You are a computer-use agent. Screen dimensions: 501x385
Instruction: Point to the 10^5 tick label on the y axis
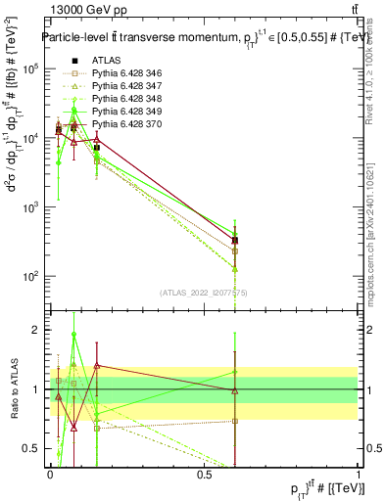click(x=29, y=69)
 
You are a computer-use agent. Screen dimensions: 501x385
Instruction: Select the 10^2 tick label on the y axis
click(x=29, y=277)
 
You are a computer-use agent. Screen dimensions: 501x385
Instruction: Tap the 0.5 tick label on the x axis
click(x=204, y=476)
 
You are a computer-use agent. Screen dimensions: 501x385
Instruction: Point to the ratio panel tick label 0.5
click(x=32, y=448)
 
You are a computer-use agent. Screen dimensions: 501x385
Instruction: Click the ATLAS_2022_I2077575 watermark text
click(x=205, y=292)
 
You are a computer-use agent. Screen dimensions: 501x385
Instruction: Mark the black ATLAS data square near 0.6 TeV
click(x=235, y=241)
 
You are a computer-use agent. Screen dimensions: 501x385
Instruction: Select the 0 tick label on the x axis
click(x=50, y=476)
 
